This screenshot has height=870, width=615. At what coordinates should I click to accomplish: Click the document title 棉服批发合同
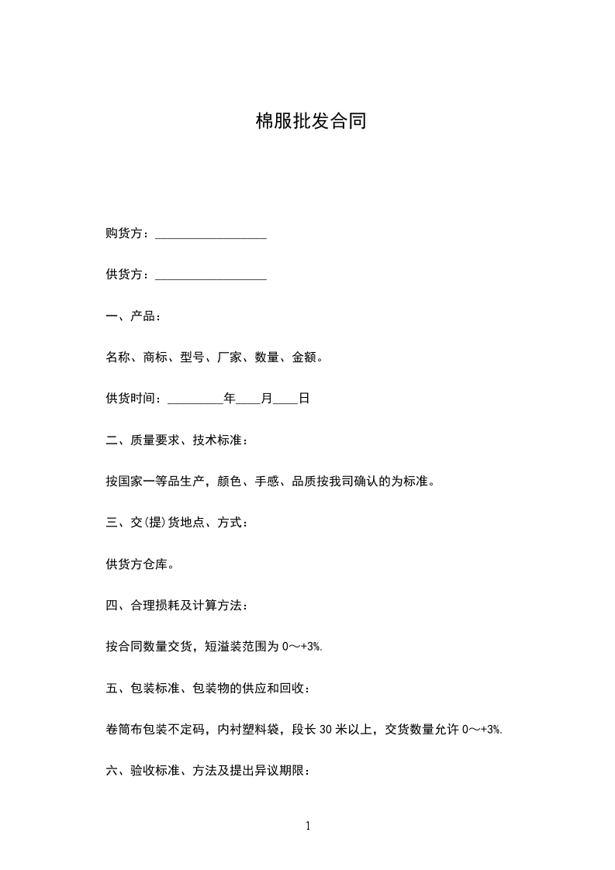310,122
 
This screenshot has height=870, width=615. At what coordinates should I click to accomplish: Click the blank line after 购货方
211,234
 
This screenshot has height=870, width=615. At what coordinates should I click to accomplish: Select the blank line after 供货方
211,275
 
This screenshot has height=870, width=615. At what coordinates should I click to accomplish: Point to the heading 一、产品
133,316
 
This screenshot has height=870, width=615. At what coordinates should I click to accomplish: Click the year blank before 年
195,399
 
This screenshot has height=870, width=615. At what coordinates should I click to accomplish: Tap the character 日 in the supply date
304,399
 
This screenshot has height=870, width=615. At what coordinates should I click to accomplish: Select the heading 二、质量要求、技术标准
178,440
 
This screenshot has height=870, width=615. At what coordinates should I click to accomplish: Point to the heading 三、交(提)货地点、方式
178,523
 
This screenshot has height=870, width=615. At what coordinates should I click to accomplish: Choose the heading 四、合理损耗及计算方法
178,606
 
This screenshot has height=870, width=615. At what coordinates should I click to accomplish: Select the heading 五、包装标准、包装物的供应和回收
209,688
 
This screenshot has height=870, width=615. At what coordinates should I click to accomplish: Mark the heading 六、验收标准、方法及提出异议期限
209,771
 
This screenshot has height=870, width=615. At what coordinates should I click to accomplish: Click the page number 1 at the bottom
308,826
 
